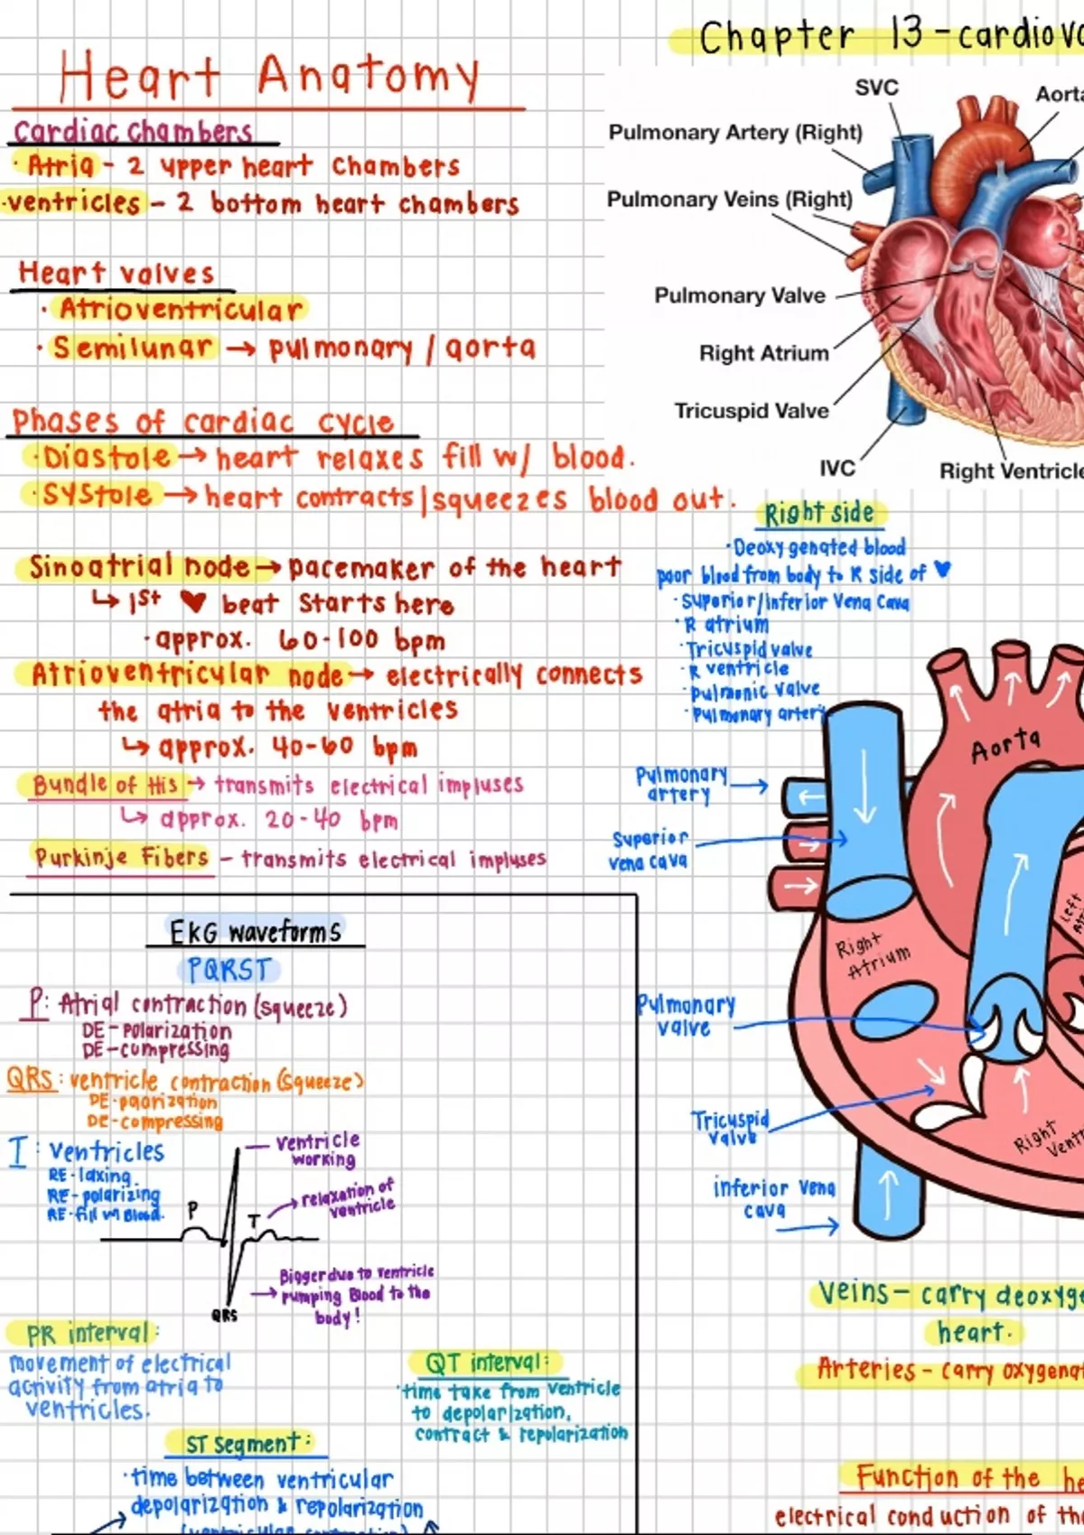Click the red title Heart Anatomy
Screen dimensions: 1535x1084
[x=269, y=76]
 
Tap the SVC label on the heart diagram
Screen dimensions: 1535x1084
[x=876, y=88]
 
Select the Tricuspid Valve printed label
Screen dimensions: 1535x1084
[x=752, y=411]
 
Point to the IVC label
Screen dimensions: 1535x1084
[x=836, y=469]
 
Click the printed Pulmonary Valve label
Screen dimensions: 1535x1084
[x=740, y=296]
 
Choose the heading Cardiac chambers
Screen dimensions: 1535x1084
[x=133, y=132]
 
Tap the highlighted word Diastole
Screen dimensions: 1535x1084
[x=107, y=457]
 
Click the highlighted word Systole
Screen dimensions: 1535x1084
[x=98, y=495]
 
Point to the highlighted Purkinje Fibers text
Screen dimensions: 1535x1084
[x=121, y=856]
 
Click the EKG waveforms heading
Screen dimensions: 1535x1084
[x=256, y=932]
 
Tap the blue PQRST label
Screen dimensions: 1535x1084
[x=229, y=970]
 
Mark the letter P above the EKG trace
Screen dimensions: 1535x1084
[x=192, y=1210]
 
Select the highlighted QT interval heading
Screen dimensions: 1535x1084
[x=484, y=1363]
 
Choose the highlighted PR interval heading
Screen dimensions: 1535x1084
[x=87, y=1334]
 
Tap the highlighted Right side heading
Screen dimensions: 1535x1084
[x=818, y=514]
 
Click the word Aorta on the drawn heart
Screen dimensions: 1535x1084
[x=1005, y=746]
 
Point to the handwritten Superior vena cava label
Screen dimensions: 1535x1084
[x=649, y=850]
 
